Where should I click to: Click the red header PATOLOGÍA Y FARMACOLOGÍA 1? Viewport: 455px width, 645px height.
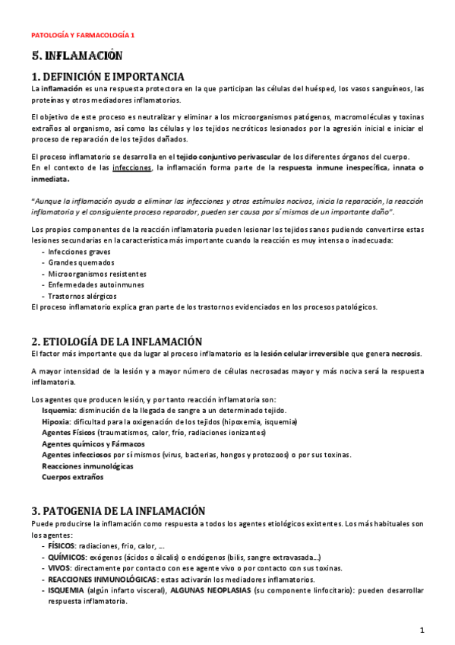coord(82,35)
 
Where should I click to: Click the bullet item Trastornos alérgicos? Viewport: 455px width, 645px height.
coord(82,296)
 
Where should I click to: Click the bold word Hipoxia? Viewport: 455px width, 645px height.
coord(55,421)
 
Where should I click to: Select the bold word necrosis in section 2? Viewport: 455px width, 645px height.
coord(406,354)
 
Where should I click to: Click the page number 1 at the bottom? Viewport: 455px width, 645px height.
coord(422,630)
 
